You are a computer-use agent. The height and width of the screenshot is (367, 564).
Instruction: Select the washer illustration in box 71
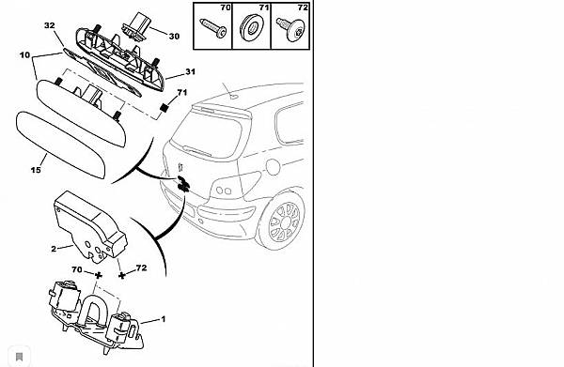[x=251, y=27]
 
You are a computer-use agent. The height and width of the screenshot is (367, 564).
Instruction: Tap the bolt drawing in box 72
[x=290, y=28]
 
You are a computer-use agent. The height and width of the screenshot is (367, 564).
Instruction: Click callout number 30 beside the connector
[x=174, y=37]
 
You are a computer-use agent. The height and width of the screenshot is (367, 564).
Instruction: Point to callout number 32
[x=50, y=25]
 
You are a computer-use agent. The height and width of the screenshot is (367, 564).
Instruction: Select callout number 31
[x=190, y=72]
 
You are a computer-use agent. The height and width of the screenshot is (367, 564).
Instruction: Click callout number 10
[x=24, y=55]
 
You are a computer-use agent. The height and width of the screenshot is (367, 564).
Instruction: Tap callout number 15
[x=36, y=170]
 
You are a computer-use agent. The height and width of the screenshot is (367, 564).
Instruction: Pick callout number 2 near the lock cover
[x=54, y=249]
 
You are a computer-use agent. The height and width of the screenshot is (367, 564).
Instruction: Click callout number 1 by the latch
[x=164, y=319]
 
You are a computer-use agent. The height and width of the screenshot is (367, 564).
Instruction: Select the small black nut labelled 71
[x=164, y=107]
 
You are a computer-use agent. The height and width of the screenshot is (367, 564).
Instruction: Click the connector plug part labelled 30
[x=135, y=26]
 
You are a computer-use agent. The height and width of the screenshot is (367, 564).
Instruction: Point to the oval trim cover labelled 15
[x=60, y=145]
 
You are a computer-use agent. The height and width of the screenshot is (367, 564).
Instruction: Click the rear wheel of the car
[x=284, y=222]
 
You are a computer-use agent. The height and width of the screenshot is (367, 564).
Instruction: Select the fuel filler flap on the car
[x=273, y=167]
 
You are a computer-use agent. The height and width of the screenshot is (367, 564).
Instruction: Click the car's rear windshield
[x=208, y=133]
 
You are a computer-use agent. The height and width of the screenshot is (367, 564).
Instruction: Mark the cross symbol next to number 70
[x=98, y=275]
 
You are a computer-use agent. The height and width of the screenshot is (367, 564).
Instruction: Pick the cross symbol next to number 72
[x=122, y=276]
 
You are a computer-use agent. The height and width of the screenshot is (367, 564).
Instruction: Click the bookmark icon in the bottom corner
[x=20, y=357]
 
